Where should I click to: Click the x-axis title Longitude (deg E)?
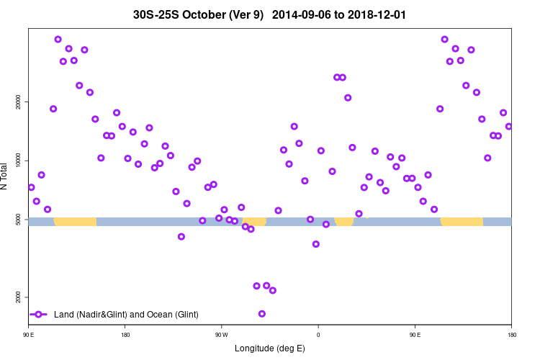(x=269, y=348)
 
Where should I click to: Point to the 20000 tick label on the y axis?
(x=17, y=102)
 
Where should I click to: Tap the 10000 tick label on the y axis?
(x=17, y=161)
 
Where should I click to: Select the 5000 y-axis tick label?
(x=17, y=219)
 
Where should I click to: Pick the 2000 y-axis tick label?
(x=17, y=297)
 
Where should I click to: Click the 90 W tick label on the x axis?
(x=221, y=335)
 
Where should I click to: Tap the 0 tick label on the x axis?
(x=318, y=335)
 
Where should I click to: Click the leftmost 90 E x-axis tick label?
(x=29, y=335)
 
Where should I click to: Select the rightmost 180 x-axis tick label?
(x=511, y=335)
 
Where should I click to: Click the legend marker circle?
(x=40, y=315)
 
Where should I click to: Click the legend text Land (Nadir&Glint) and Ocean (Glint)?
(x=126, y=315)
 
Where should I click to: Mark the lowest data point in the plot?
(x=262, y=314)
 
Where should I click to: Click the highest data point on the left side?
(x=58, y=40)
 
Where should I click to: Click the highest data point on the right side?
(x=444, y=40)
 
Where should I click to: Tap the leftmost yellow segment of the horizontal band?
(x=75, y=222)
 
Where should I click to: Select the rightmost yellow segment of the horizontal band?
(x=462, y=222)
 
